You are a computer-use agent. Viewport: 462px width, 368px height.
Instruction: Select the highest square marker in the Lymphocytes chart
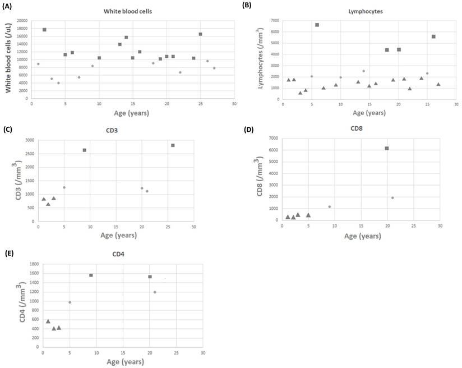click(317, 25)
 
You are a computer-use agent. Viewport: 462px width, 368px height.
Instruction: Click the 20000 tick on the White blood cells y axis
click(20, 21)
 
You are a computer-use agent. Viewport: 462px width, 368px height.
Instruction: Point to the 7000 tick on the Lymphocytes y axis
click(274, 21)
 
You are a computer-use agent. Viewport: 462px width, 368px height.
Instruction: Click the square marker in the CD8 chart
click(387, 148)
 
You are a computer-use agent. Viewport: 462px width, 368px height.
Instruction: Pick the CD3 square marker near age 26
click(173, 145)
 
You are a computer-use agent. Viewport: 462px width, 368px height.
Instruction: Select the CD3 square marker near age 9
click(84, 150)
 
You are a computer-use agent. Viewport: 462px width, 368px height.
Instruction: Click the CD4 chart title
click(118, 254)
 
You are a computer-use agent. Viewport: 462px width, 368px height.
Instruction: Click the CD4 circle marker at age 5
click(70, 302)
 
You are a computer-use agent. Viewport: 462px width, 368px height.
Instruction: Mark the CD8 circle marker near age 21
click(392, 197)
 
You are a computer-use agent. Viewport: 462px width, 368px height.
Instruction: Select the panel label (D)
click(250, 130)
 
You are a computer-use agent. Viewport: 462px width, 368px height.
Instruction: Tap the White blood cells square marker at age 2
click(44, 30)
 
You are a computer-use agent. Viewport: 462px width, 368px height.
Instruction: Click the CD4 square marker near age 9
click(91, 275)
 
